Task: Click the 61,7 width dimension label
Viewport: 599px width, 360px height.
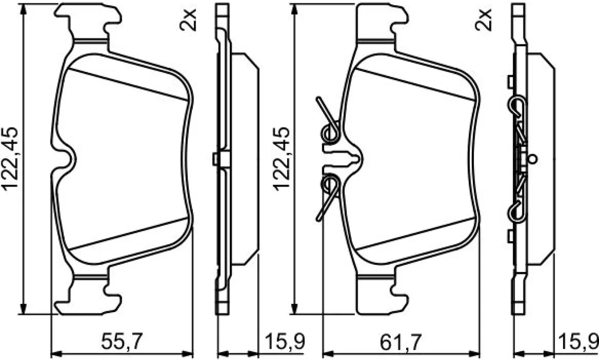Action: (x=401, y=342)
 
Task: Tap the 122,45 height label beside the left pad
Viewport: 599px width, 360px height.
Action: (x=10, y=159)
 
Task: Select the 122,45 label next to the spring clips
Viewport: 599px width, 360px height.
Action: (x=281, y=159)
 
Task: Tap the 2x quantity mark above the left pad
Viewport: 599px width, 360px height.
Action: (x=188, y=19)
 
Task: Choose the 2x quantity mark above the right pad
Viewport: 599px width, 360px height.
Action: (x=483, y=19)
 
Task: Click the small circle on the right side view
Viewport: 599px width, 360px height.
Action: (x=533, y=159)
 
